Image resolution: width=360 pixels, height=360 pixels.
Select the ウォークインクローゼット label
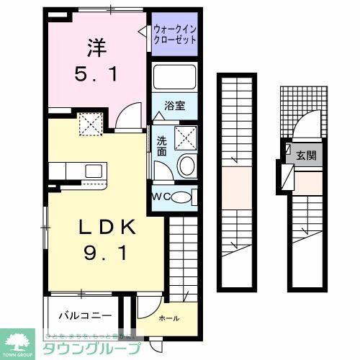174,35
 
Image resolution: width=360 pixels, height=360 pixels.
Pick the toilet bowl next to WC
184,197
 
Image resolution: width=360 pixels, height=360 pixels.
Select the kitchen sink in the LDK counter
92,171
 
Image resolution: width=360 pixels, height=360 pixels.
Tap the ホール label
168,318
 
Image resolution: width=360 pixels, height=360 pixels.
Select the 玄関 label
305,155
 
